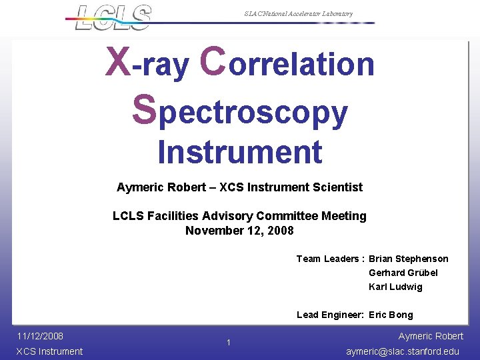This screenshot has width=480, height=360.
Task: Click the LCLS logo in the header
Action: (x=113, y=17)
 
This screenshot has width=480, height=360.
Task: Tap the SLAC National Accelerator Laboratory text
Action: (x=298, y=14)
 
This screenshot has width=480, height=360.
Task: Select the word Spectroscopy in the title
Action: (x=240, y=111)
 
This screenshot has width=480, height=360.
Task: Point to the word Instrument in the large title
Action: (x=240, y=152)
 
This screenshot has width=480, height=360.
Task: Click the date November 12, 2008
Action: (x=239, y=231)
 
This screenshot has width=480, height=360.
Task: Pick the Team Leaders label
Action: (x=329, y=259)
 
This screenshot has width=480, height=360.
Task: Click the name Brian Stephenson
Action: (x=408, y=259)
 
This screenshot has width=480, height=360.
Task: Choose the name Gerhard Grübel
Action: (x=403, y=273)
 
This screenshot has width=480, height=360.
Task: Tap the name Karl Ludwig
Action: (x=395, y=287)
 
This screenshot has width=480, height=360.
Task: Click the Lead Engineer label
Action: (x=329, y=315)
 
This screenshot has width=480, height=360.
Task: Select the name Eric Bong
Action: (x=391, y=315)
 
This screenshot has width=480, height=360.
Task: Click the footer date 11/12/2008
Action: (x=40, y=336)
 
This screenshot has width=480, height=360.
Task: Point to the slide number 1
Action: (x=228, y=343)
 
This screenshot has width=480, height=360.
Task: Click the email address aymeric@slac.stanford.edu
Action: (x=403, y=351)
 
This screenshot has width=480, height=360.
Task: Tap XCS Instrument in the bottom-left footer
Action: (x=49, y=351)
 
